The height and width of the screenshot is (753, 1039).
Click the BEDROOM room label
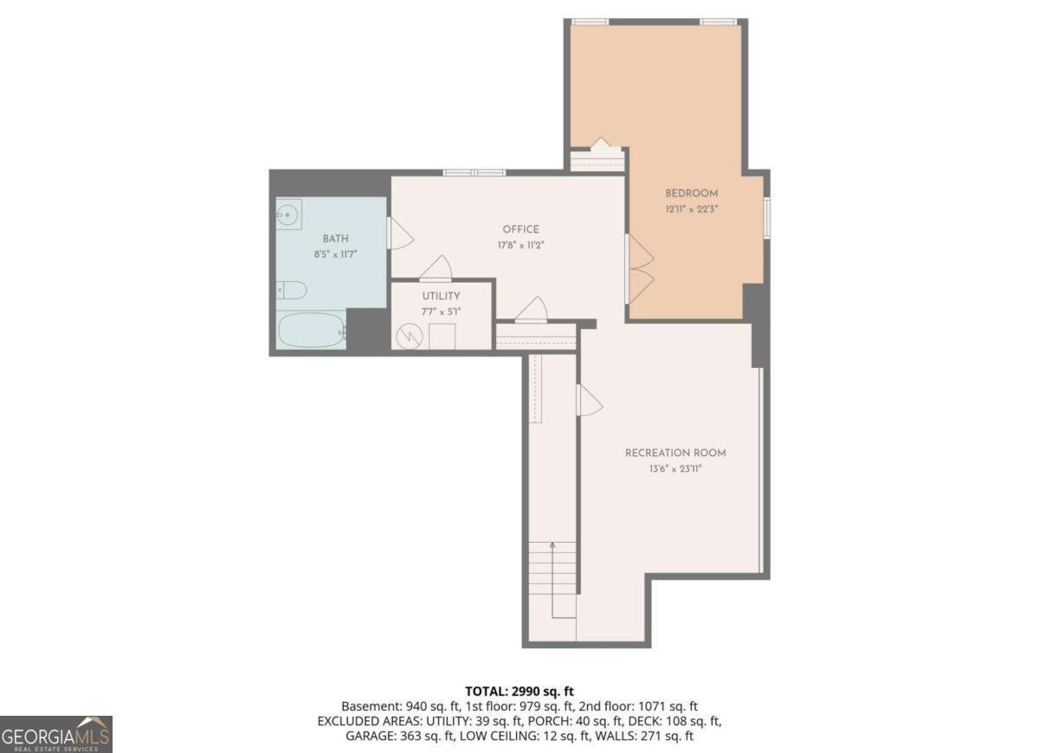coord(691,193)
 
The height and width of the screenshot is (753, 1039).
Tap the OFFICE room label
coord(520,229)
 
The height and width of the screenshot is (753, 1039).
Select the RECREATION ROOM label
coord(675,453)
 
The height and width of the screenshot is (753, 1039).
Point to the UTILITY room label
coord(442,296)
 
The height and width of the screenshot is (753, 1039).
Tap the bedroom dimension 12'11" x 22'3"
coord(691,209)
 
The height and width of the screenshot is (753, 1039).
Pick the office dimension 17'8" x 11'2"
coord(520,245)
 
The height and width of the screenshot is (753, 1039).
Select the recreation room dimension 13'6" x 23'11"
coord(675,468)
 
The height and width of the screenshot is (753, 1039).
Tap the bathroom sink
coord(288,214)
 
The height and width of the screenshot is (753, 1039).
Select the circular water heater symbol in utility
coord(406,335)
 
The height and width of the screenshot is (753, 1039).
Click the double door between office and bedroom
coord(639,268)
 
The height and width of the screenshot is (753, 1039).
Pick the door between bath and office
coord(399,233)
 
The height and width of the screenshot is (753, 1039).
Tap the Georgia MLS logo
coord(56,734)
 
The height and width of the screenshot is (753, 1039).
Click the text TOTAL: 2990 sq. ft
coord(519,691)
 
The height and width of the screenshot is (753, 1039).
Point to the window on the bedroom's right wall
coord(766,217)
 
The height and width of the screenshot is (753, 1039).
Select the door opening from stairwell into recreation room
coord(588,400)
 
